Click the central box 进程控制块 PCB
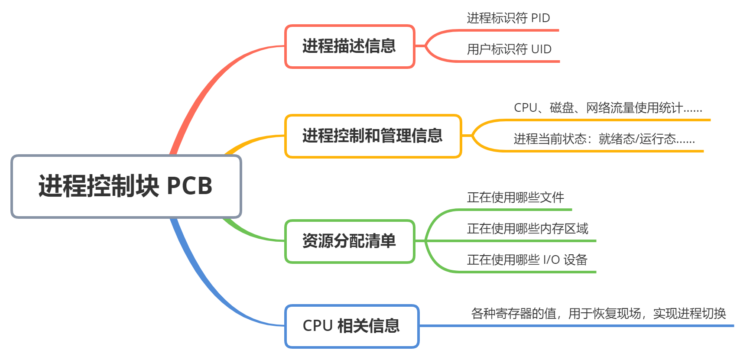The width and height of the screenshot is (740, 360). click(x=126, y=186)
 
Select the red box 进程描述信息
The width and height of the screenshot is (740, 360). click(x=349, y=46)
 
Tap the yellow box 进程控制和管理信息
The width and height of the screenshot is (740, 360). click(x=373, y=136)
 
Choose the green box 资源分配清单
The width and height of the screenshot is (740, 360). click(x=349, y=241)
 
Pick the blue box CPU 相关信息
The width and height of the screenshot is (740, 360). click(x=351, y=326)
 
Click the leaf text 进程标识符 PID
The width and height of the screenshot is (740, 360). click(x=508, y=18)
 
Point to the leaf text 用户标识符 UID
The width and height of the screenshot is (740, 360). click(x=509, y=49)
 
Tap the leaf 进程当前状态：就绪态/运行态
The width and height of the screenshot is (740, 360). click(x=604, y=139)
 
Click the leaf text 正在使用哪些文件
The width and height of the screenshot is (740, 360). click(x=515, y=198)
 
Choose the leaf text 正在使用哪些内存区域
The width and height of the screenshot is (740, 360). click(x=527, y=229)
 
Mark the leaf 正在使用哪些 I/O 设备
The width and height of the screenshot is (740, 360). click(x=527, y=260)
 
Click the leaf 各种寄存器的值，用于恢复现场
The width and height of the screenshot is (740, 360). click(x=598, y=313)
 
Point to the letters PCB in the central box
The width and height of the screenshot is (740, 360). click(x=189, y=186)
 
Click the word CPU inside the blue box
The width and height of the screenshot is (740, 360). click(x=317, y=326)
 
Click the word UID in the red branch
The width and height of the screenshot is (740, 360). click(x=541, y=49)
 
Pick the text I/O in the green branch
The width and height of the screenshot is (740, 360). click(x=551, y=260)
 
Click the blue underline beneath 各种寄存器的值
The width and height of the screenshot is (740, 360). click(x=576, y=326)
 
